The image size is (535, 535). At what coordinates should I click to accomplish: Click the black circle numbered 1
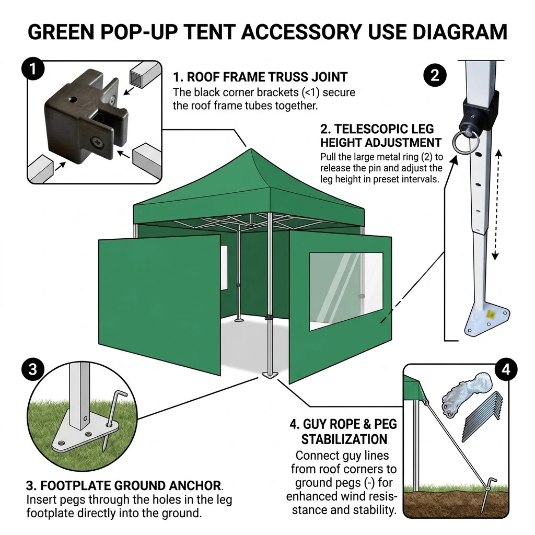click(33, 69)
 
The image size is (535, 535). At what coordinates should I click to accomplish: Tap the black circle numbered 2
click(435, 75)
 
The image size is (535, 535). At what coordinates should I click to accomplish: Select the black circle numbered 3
click(33, 369)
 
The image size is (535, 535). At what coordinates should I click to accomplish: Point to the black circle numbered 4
click(506, 369)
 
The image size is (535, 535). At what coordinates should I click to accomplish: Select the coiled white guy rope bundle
click(467, 394)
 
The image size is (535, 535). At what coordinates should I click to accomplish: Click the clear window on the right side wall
click(346, 292)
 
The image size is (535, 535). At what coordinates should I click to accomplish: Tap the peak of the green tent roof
click(251, 149)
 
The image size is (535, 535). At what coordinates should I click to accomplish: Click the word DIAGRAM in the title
click(460, 32)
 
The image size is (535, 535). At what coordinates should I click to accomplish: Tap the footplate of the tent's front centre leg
click(270, 375)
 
